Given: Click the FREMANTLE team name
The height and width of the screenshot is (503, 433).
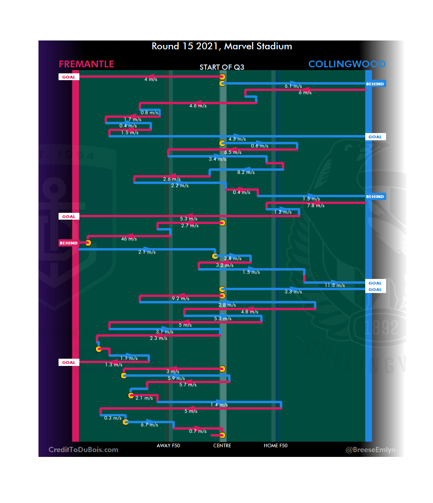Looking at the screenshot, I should (x=86, y=64).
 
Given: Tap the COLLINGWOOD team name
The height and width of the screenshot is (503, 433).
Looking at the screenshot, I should (x=347, y=64).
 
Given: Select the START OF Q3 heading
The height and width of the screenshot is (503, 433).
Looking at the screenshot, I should (x=222, y=67).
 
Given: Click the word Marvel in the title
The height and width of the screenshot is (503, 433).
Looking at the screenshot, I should (x=239, y=46).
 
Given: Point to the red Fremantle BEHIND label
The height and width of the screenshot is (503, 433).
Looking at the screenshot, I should (x=69, y=243).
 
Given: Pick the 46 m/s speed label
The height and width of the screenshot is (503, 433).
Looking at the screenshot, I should (x=129, y=239).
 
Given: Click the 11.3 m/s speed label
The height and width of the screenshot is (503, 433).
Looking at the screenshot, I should (x=335, y=285).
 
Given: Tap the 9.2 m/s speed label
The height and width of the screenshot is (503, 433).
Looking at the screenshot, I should (x=180, y=299).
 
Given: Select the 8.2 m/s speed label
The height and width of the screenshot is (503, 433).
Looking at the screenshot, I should (x=246, y=172).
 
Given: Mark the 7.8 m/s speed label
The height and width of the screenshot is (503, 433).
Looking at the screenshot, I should (x=316, y=206).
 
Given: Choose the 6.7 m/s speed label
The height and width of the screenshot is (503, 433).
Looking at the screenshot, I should (x=149, y=425).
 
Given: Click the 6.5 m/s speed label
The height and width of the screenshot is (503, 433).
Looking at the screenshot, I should (x=233, y=152).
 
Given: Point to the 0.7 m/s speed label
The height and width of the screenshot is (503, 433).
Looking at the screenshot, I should (x=198, y=431).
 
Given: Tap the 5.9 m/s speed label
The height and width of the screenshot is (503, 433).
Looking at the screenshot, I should (x=176, y=378).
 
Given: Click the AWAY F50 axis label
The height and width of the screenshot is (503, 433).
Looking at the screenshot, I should (x=168, y=446).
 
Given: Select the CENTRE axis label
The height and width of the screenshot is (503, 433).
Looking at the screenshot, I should (x=222, y=446).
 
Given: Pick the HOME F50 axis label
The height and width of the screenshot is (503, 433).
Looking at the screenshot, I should (x=275, y=446).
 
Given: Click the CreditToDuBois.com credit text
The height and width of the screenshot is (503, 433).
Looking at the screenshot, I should (x=83, y=450).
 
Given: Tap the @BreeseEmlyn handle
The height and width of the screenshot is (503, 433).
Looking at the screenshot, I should (x=370, y=450).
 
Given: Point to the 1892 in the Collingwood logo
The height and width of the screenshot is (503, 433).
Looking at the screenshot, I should (x=381, y=328).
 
